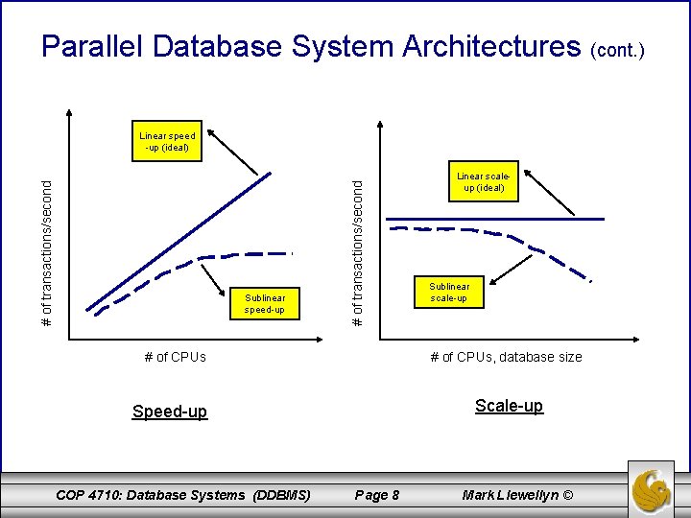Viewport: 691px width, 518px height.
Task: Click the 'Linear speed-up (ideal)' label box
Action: coord(168,142)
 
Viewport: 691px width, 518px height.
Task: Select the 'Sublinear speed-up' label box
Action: coord(265,304)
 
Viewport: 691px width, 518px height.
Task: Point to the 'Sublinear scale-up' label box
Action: coord(450,293)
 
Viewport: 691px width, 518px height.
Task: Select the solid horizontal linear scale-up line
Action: coord(494,220)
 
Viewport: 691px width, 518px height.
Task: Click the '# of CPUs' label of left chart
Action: coord(175,357)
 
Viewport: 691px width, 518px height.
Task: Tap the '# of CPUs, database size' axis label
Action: coord(506,357)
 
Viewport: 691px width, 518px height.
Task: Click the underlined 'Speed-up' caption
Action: coord(169,412)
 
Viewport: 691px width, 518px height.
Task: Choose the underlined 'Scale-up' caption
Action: coord(509,406)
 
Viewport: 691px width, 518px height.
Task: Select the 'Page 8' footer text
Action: coord(377,495)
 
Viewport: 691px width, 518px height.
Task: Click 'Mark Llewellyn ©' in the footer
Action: coord(517,495)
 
